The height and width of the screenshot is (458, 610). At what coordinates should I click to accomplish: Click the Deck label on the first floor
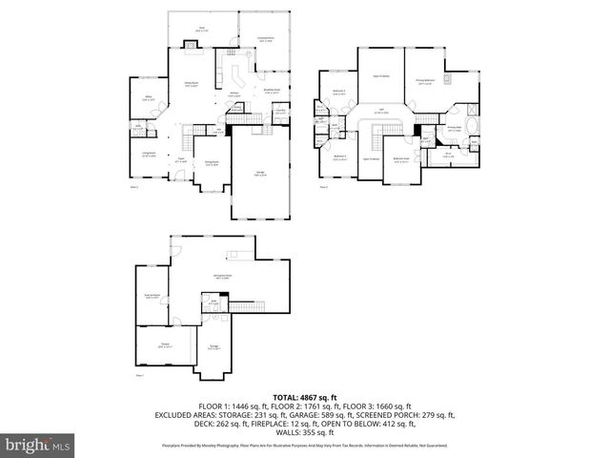pyautogui.click(x=201, y=30)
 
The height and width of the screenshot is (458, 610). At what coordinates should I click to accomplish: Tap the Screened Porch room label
pyautogui.click(x=266, y=40)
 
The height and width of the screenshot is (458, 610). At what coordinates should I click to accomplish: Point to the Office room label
pyautogui.click(x=150, y=98)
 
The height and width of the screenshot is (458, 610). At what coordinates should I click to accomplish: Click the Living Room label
pyautogui.click(x=149, y=156)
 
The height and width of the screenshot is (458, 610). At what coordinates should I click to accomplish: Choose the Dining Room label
pyautogui.click(x=212, y=163)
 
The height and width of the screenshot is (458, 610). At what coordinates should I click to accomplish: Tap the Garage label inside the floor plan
pyautogui.click(x=260, y=173)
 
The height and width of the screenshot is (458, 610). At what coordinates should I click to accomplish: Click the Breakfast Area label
pyautogui.click(x=272, y=92)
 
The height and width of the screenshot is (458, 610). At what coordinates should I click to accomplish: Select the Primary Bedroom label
pyautogui.click(x=426, y=83)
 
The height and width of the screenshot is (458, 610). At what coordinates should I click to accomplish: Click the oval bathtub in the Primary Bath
pyautogui.click(x=469, y=126)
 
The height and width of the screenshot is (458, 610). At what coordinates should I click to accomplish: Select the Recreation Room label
pyautogui.click(x=225, y=277)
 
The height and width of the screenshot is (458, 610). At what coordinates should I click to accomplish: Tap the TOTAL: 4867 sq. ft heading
pyautogui.click(x=305, y=397)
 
